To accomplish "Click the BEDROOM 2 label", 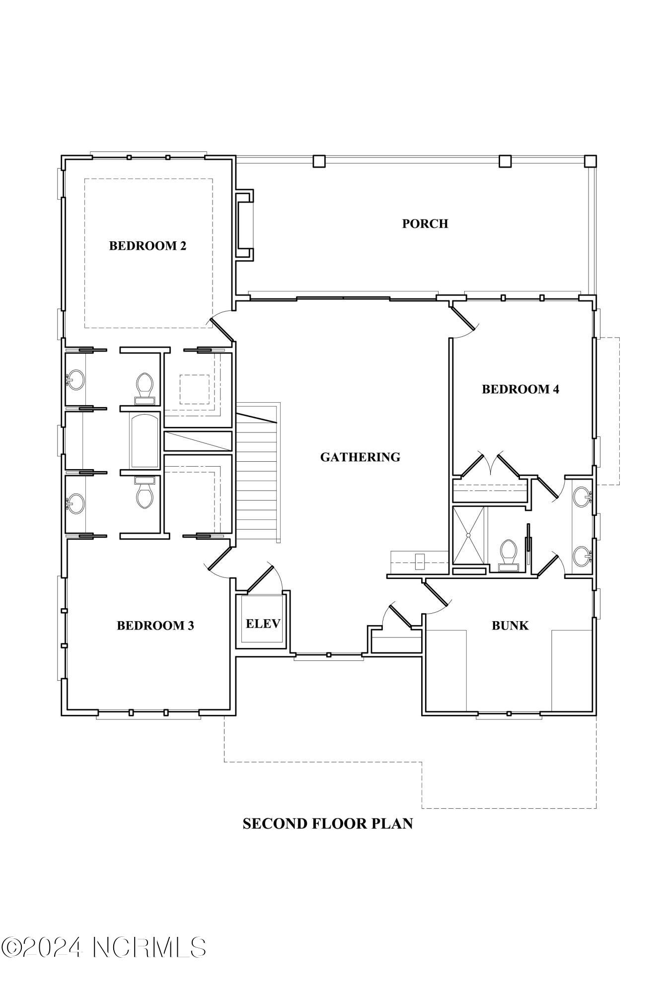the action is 147,246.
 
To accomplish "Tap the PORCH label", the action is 425,223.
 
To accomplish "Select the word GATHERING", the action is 360,457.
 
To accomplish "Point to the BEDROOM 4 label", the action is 520,389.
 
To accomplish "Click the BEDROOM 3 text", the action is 155,626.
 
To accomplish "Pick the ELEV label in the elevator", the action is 263,624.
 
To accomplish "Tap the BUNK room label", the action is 510,626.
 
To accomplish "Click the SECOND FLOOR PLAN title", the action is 328,824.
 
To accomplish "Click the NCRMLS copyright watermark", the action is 103,947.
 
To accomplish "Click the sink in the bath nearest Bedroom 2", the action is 75,380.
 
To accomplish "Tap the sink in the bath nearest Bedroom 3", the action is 75,504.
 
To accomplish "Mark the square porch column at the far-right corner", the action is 590,161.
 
